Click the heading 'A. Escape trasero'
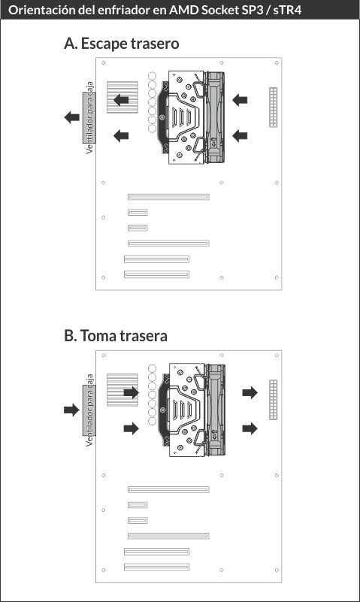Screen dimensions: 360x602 [x=121, y=44]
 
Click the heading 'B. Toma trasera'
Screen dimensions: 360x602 [x=116, y=335]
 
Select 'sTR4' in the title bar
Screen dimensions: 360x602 [x=287, y=10]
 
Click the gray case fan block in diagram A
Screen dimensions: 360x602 [x=89, y=117]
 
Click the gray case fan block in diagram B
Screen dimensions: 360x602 [x=89, y=410]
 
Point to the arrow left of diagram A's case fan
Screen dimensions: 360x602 [x=71, y=117]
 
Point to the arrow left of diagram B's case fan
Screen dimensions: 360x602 [x=71, y=410]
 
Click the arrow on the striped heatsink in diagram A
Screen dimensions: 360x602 [x=121, y=100]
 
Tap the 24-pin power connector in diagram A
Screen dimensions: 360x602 [x=274, y=107]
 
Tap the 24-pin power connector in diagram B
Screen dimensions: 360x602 [x=274, y=400]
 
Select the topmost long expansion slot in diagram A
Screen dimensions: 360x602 [x=168, y=197]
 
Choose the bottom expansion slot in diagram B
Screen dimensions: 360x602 [x=156, y=567]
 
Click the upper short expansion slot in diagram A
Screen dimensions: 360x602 [x=138, y=212]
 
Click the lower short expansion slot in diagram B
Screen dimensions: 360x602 [x=138, y=521]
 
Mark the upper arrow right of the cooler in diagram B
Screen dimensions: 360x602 [x=250, y=392]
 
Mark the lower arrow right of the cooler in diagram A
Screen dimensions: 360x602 [x=240, y=135]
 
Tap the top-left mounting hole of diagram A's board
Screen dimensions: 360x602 [x=103, y=63]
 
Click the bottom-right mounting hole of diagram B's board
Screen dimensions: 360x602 [x=277, y=570]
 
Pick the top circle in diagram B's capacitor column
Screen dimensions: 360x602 [x=153, y=368]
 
